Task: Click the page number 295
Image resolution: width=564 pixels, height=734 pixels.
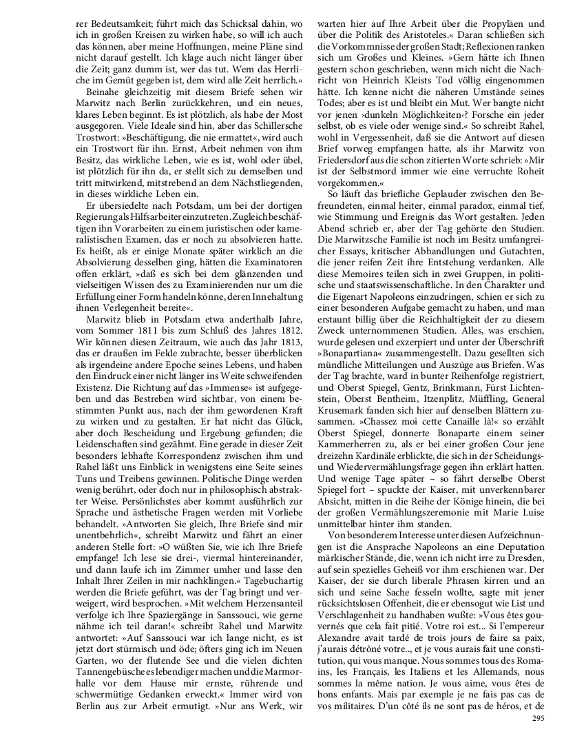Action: pyautogui.click(x=539, y=718)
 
